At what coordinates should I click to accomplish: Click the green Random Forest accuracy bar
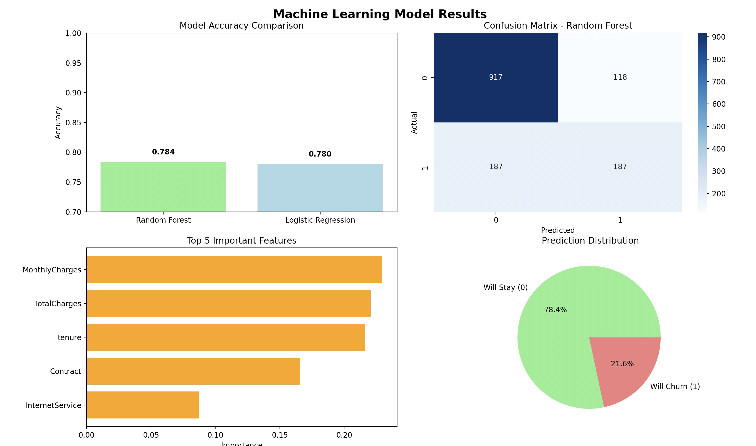point(163,187)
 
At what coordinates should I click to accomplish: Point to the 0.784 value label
point(163,152)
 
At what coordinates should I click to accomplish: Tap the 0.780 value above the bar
point(320,154)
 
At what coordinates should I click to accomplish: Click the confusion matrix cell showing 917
point(496,78)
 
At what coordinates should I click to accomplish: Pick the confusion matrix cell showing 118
point(620,78)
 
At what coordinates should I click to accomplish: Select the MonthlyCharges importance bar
point(234,270)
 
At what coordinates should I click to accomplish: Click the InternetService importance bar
point(143,405)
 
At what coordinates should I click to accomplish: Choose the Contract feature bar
point(193,371)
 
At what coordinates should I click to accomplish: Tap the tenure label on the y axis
point(69,337)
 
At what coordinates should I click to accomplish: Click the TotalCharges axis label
point(58,304)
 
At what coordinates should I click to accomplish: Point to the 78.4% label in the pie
point(555,310)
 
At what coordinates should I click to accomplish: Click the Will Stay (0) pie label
point(505,288)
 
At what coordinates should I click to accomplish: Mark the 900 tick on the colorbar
point(718,37)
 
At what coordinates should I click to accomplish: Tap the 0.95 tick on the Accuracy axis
point(73,63)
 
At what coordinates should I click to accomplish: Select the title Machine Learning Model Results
point(380,14)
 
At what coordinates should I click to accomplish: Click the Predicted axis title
point(558,230)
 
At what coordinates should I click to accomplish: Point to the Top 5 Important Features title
point(241,240)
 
